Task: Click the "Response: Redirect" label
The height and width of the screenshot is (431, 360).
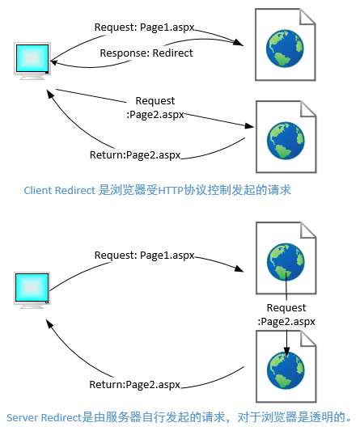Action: click(146, 53)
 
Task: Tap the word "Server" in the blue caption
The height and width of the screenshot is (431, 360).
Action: click(23, 417)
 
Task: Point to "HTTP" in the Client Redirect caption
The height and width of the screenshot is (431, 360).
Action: click(171, 190)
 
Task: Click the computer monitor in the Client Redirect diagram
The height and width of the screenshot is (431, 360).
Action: click(32, 61)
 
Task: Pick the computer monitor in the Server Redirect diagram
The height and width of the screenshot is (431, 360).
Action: click(32, 290)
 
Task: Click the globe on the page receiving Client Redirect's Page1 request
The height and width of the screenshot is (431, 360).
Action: click(285, 49)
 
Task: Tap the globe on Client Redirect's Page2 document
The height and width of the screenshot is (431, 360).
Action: click(286, 141)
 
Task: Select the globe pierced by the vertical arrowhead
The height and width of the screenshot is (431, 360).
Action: click(286, 370)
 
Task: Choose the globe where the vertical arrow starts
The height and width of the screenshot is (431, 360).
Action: click(286, 262)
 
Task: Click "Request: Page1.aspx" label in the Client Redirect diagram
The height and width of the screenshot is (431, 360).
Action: click(144, 27)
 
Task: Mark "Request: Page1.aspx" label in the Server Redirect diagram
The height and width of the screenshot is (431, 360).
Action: click(144, 255)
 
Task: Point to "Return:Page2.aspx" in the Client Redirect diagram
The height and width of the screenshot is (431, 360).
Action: click(135, 155)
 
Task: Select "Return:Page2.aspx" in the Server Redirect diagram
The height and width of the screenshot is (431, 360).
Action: click(135, 384)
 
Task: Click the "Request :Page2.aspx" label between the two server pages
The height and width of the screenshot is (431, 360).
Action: click(286, 315)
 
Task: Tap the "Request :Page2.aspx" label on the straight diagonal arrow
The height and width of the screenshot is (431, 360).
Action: click(155, 108)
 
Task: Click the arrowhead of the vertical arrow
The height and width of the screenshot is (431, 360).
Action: click(286, 352)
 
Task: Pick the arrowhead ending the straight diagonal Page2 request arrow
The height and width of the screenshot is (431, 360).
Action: click(249, 126)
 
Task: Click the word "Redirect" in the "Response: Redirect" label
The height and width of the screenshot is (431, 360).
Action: click(172, 53)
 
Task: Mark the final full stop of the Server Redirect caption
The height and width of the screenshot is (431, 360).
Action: click(349, 420)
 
